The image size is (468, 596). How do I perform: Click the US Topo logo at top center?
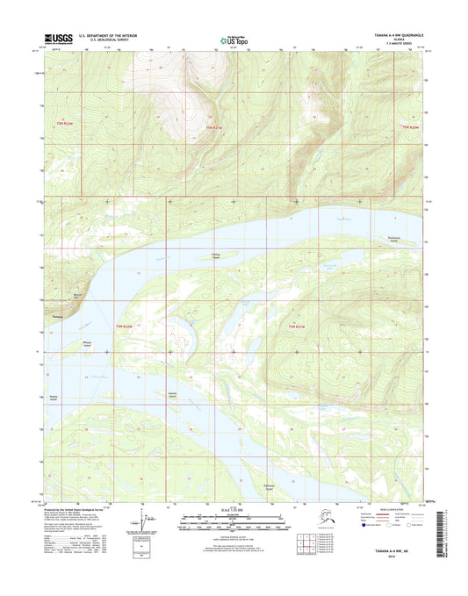(233, 39)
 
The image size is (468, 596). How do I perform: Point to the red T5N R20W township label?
(411, 129)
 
